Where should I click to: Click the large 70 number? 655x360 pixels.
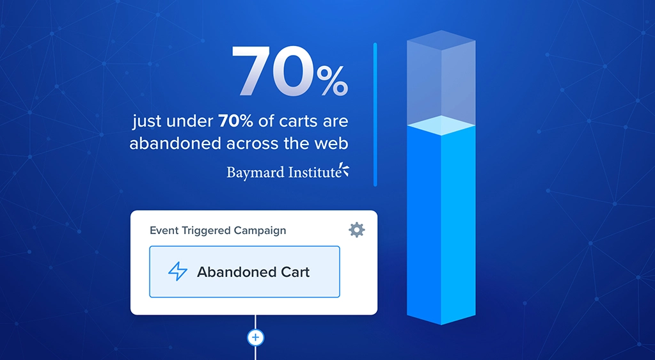click(x=272, y=72)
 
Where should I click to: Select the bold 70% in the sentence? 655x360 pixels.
click(x=235, y=121)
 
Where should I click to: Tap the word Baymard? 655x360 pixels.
click(x=253, y=172)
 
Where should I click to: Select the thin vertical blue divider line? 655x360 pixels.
click(x=375, y=114)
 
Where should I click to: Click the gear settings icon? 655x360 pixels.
click(x=356, y=230)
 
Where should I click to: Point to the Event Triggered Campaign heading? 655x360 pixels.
click(x=217, y=230)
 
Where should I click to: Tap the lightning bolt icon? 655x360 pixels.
click(x=178, y=272)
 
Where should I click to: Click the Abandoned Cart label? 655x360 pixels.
click(x=253, y=272)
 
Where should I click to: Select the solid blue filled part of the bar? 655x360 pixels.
click(x=441, y=224)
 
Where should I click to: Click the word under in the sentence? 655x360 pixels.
click(x=193, y=121)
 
